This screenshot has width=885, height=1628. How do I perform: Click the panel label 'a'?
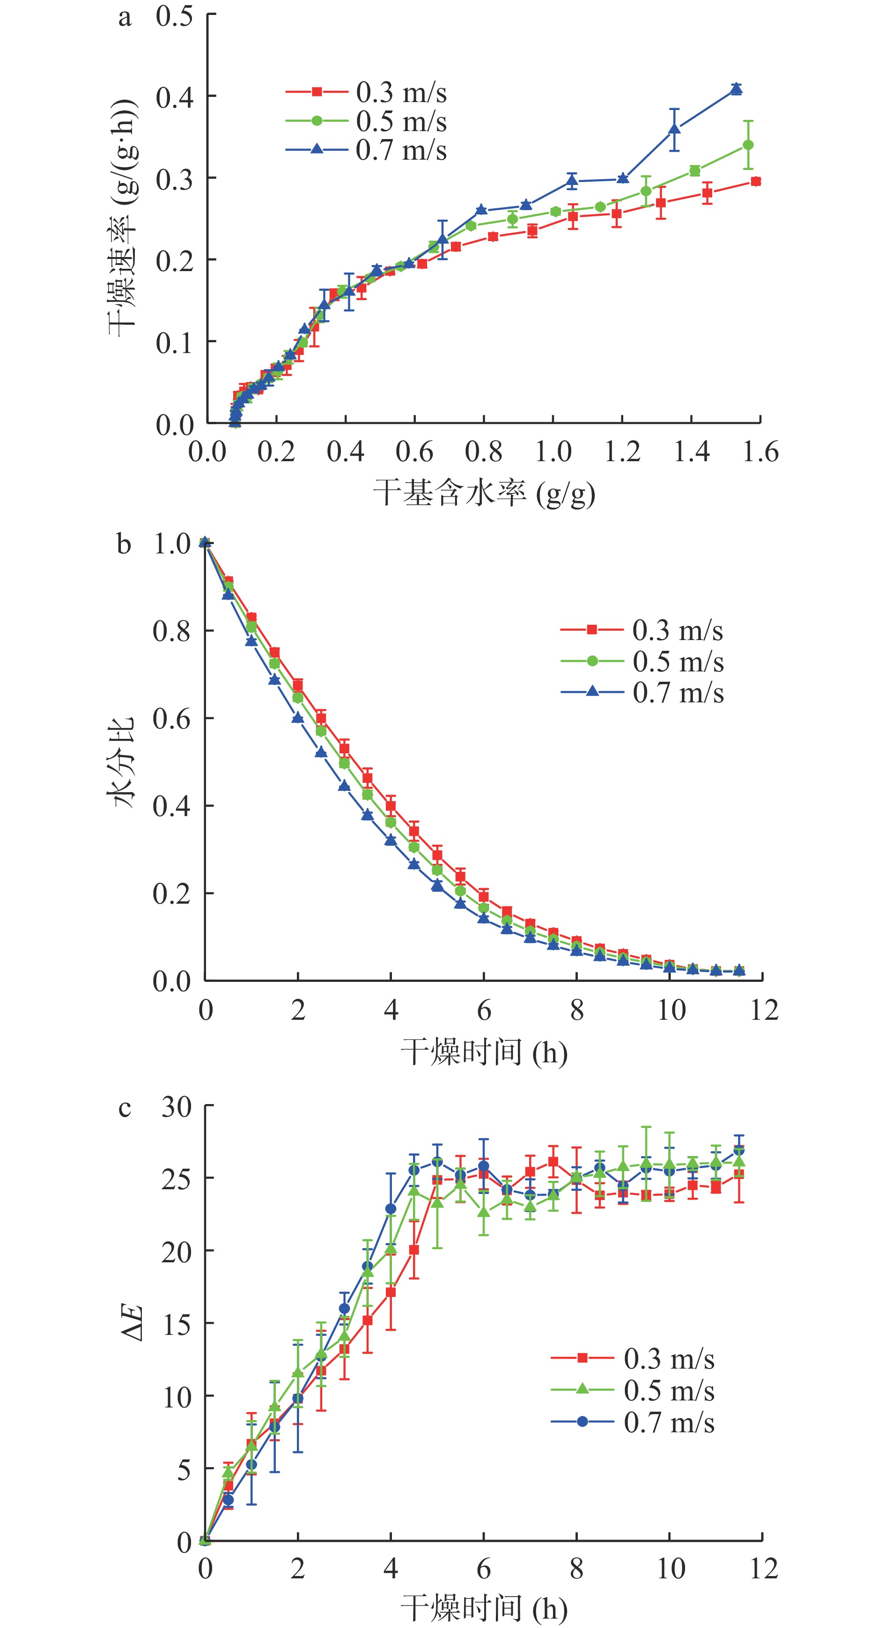click(x=125, y=18)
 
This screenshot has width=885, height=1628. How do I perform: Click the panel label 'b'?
click(x=124, y=545)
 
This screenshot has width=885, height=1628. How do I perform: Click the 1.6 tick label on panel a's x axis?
click(x=760, y=452)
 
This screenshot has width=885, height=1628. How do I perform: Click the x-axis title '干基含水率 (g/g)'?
click(x=484, y=494)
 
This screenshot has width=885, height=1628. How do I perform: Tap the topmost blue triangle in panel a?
click(x=736, y=89)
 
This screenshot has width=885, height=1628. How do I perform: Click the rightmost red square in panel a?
click(x=755, y=181)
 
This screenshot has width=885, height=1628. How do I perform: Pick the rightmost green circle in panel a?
click(x=748, y=145)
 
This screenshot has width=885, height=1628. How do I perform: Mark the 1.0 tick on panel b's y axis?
click(x=172, y=544)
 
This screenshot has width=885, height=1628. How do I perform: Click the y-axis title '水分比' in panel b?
click(x=123, y=761)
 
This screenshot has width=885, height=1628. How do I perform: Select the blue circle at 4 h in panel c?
click(x=391, y=1209)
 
